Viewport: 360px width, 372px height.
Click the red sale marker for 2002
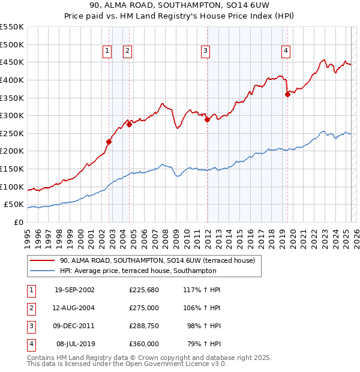click(x=109, y=142)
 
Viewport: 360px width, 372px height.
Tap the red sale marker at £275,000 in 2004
click(x=129, y=125)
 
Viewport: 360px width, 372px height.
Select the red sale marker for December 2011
click(x=207, y=120)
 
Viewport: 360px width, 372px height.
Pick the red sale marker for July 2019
click(x=287, y=94)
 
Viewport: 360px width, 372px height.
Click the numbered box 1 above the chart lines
click(x=107, y=52)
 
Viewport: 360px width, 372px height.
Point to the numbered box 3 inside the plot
click(x=205, y=52)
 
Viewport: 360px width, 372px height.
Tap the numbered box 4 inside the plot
click(x=286, y=52)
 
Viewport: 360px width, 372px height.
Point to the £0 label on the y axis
click(x=18, y=222)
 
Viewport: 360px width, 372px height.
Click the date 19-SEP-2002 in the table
click(x=74, y=290)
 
